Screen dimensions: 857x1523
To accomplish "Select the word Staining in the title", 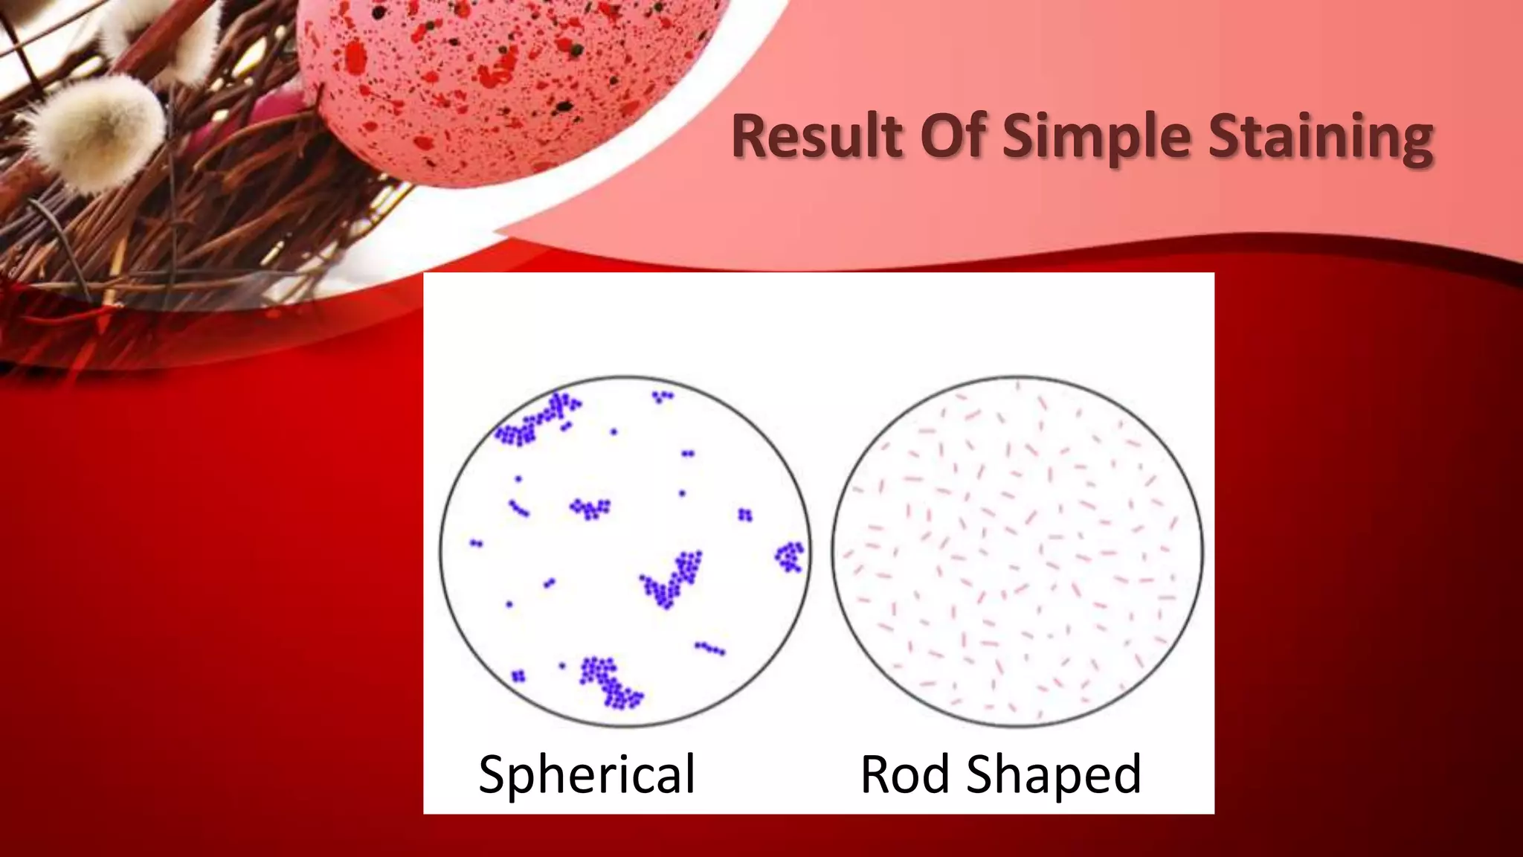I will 1320,138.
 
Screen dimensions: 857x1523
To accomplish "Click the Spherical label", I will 587,775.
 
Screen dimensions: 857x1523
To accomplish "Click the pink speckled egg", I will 513,82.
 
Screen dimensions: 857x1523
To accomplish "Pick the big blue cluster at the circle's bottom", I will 610,681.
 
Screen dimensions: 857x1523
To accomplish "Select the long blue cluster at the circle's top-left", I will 535,420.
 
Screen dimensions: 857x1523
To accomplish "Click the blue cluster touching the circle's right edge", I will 790,556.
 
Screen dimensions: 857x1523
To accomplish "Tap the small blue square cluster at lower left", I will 518,675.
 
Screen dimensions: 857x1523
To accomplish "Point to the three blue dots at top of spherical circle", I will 662,397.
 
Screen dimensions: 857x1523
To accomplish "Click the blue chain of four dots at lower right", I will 709,649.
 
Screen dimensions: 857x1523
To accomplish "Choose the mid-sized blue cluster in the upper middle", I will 590,509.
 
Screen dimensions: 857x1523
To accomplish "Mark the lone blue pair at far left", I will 477,544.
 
